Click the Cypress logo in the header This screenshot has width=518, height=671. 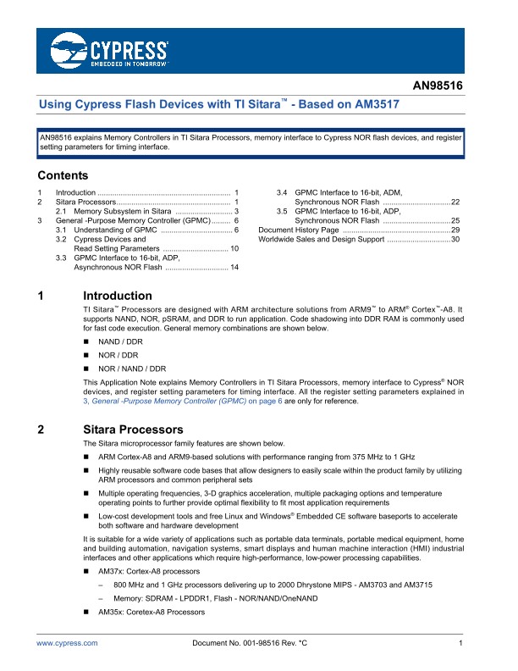tap(109, 50)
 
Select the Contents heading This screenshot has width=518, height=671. tap(63, 176)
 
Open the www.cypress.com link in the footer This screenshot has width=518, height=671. tap(68, 645)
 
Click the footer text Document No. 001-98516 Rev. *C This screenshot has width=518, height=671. tap(251, 645)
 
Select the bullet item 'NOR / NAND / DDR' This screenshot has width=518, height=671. tap(132, 369)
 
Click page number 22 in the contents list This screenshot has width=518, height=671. tap(455, 202)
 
